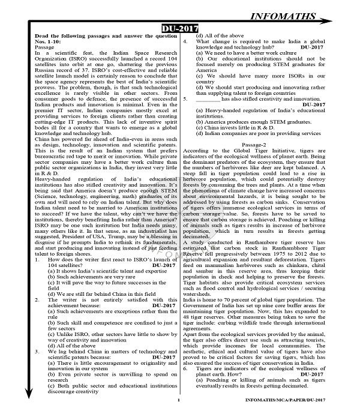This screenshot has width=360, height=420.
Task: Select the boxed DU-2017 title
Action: point(180,29)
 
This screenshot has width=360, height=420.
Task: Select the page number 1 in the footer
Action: point(178,415)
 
